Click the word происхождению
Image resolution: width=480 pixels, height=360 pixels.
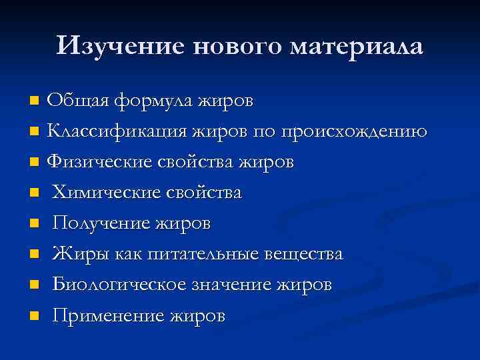[359, 132]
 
